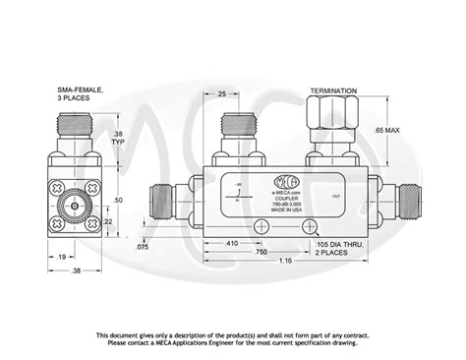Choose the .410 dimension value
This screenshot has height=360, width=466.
coord(231,241)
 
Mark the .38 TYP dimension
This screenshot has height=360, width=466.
coord(117,140)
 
